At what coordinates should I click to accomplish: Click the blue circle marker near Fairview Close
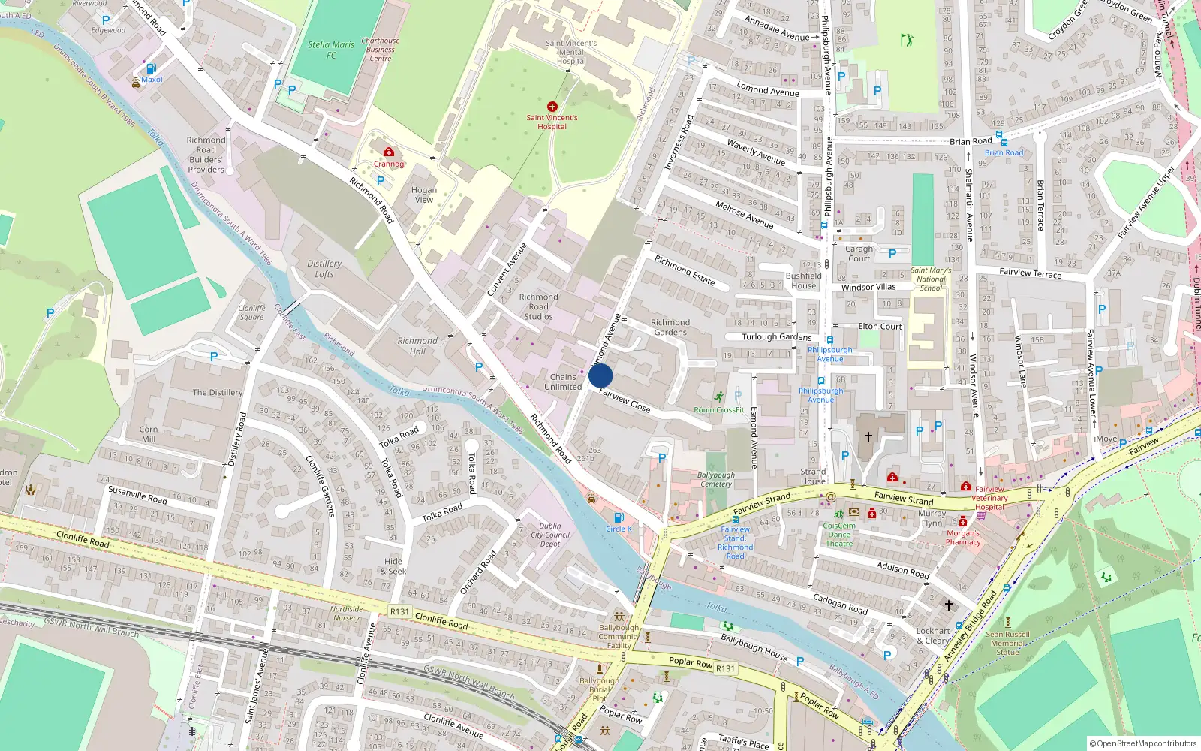click(600, 375)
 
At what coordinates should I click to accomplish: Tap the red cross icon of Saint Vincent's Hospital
click(552, 107)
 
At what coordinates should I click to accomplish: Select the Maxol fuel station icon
click(151, 68)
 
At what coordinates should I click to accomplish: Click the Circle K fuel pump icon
click(619, 517)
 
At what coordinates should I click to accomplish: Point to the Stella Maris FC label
click(331, 50)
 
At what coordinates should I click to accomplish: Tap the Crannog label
click(389, 164)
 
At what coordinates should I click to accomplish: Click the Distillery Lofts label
click(324, 269)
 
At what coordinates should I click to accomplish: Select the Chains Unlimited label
click(563, 382)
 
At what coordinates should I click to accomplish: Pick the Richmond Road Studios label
click(539, 306)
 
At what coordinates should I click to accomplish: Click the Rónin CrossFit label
click(719, 410)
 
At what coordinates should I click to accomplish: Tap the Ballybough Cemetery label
click(716, 479)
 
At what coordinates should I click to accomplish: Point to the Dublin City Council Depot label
click(550, 535)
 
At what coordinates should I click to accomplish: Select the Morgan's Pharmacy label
click(963, 538)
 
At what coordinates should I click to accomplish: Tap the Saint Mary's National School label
click(931, 279)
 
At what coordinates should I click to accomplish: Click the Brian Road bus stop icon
click(1004, 142)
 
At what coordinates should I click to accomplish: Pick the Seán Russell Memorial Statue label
click(1007, 643)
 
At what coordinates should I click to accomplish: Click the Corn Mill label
click(149, 434)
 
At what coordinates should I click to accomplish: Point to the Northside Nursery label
click(346, 614)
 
